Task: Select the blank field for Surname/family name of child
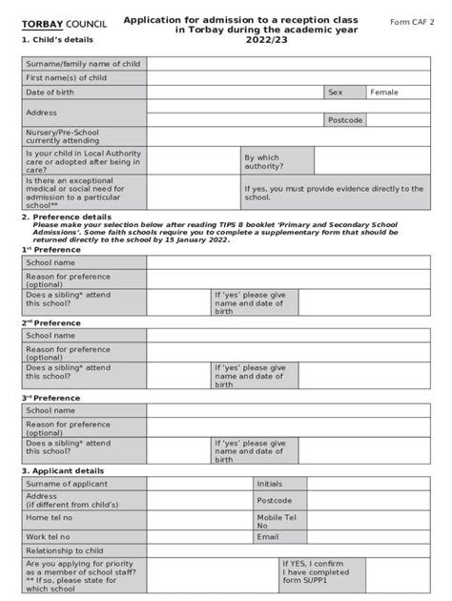(287, 64)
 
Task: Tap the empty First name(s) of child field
(287, 77)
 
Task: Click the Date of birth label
(50, 92)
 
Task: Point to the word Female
(384, 93)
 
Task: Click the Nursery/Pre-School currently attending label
(62, 136)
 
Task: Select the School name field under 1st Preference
(287, 262)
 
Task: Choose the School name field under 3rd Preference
(287, 410)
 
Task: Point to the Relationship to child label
(65, 550)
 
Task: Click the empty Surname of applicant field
(198, 484)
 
